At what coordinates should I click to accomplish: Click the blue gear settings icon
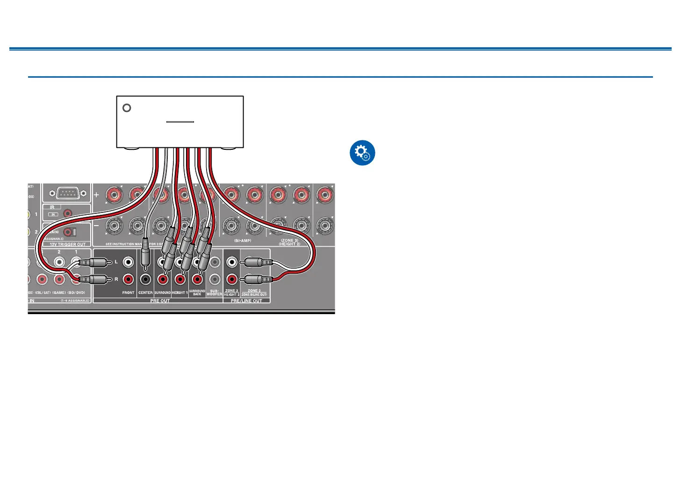click(x=362, y=153)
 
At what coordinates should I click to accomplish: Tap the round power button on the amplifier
click(x=126, y=108)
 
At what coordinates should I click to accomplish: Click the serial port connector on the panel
click(x=65, y=193)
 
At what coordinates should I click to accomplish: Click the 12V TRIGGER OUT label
click(x=68, y=244)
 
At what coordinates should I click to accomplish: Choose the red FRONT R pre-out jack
click(x=128, y=279)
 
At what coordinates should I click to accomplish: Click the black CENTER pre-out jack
click(x=145, y=279)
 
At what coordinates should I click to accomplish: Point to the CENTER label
click(x=145, y=293)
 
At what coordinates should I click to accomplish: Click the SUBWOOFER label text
click(x=214, y=293)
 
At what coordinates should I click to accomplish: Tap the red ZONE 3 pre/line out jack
click(x=231, y=279)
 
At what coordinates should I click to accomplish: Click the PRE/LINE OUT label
click(x=246, y=300)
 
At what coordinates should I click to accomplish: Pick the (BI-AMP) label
click(x=243, y=241)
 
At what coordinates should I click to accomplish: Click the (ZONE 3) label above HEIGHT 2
click(x=290, y=241)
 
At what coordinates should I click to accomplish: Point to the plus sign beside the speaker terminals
click(x=97, y=195)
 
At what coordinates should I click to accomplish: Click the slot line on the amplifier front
click(x=180, y=122)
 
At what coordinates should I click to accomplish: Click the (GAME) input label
click(x=59, y=293)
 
